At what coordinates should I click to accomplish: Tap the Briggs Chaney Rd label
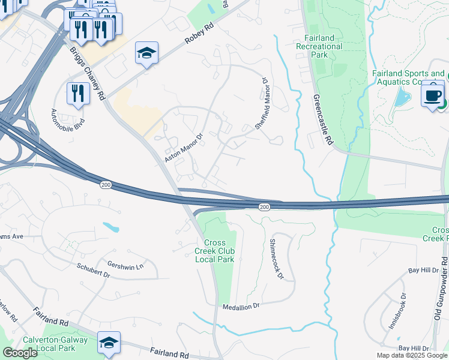click(88, 74)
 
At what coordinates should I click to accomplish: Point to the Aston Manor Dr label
click(185, 148)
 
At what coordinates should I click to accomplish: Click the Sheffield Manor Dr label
click(261, 103)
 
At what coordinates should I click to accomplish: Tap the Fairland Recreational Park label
click(319, 46)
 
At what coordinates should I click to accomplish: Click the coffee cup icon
click(433, 94)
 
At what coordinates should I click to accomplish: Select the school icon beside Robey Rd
click(146, 53)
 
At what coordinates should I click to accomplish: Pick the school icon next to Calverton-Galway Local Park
click(109, 343)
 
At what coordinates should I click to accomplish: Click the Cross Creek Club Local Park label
click(214, 251)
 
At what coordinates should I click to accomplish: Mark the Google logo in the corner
click(20, 353)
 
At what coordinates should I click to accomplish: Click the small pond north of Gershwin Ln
click(112, 227)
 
